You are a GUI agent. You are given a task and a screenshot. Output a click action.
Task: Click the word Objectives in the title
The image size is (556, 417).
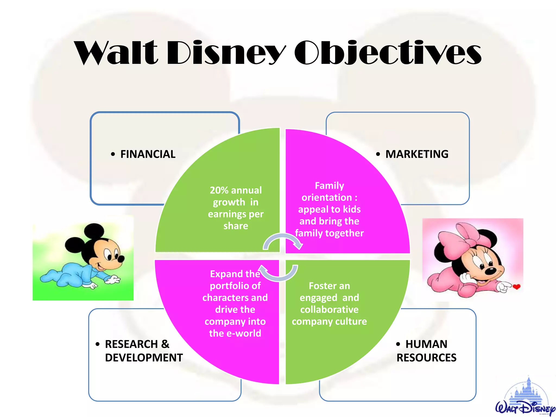(x=388, y=53)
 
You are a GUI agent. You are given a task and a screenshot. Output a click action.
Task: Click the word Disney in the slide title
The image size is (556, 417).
(x=226, y=53)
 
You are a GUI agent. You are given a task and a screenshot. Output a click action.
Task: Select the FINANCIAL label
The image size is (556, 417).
(x=148, y=154)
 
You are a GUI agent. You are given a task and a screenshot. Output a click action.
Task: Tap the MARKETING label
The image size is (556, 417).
(x=417, y=154)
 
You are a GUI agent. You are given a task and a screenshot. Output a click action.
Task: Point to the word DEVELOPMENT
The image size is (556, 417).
(x=144, y=358)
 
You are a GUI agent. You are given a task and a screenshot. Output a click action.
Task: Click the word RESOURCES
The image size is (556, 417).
(x=427, y=358)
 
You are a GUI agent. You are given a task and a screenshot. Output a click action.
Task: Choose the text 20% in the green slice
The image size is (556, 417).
(x=219, y=190)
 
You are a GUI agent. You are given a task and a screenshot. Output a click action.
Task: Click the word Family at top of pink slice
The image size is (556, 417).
(x=329, y=186)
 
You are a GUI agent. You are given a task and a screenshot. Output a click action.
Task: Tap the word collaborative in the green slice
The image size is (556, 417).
(x=329, y=309)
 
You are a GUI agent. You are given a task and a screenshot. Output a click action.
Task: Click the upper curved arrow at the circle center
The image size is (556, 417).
(x=283, y=240)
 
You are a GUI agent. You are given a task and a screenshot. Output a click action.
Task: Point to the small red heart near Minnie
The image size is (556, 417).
(x=516, y=286)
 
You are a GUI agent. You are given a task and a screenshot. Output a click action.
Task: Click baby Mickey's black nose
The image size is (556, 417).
(x=121, y=259)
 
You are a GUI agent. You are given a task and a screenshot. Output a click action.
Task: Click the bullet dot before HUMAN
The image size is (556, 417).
(x=398, y=344)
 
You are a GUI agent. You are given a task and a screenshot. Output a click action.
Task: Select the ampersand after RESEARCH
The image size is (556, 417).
(x=165, y=344)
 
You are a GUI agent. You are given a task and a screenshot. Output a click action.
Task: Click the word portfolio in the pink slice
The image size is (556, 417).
(x=235, y=286)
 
